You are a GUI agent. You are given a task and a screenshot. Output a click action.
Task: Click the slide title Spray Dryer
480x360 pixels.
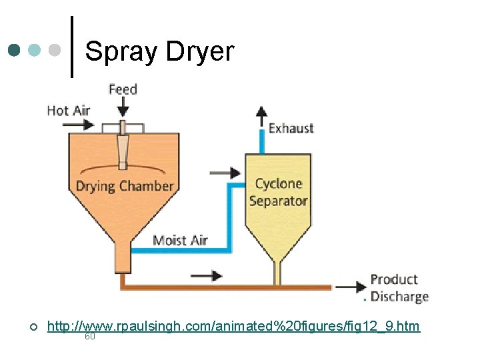pos(160,51)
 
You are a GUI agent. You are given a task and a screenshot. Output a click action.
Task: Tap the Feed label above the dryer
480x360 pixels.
pos(123,89)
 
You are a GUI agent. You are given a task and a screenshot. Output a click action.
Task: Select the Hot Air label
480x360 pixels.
pos(68,110)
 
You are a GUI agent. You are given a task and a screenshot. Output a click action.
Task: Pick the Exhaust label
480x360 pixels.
pos(291,128)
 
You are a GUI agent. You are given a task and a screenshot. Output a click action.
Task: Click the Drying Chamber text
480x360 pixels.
pos(125,186)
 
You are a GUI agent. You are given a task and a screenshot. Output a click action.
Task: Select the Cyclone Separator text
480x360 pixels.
pos(279,192)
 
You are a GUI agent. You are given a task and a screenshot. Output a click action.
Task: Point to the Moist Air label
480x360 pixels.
pos(180,240)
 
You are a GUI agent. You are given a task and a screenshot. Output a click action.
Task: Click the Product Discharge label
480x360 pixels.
pos(399,288)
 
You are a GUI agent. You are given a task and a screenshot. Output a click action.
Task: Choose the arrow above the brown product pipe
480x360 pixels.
pos(206,275)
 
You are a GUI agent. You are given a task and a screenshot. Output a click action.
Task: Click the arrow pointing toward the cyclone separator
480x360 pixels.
pos(225,173)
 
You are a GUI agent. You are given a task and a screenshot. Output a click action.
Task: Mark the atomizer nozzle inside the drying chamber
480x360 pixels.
pos(123,150)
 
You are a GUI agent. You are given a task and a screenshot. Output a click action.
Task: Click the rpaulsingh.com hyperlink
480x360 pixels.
pos(233,326)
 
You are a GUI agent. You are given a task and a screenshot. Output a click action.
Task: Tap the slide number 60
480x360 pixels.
pos(90,337)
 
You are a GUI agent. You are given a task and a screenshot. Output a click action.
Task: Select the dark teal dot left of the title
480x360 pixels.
pos(15,51)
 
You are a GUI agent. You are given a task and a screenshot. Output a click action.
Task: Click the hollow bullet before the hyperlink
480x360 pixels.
pos(33,327)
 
